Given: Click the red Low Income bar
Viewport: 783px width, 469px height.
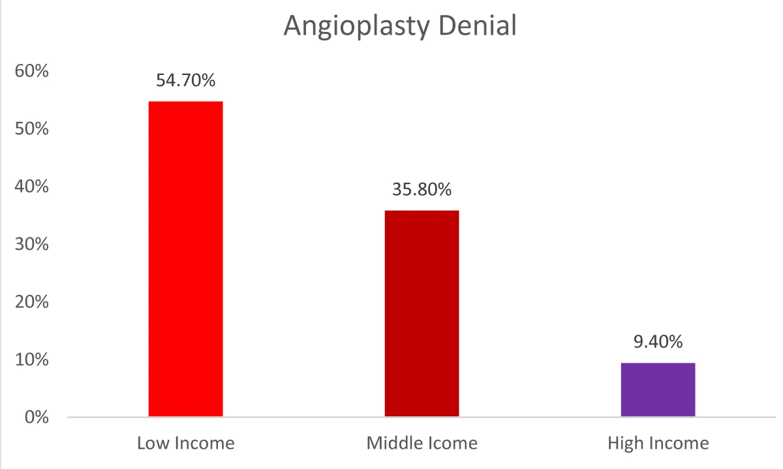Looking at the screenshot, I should (x=186, y=258).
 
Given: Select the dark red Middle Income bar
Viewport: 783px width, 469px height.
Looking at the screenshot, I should (x=422, y=313).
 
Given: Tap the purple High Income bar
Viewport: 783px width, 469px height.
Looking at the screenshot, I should (x=658, y=389).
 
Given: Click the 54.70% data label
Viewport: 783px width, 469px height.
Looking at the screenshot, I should (x=186, y=81).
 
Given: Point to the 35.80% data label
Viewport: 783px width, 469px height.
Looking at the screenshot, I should (x=422, y=190).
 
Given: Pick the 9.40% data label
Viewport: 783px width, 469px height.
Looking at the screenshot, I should (x=658, y=342).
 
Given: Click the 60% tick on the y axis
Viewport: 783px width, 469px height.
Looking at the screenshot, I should (x=32, y=71).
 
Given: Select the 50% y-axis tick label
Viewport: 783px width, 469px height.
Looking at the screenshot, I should (x=32, y=129).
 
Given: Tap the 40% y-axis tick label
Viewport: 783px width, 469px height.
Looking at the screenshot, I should (x=32, y=187).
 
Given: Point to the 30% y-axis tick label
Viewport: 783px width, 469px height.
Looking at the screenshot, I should (x=32, y=244).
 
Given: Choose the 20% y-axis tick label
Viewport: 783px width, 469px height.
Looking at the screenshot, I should (x=32, y=302).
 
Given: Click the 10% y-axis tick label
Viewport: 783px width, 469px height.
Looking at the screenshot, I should (x=32, y=359).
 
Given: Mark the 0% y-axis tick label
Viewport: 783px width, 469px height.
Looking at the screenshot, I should (x=36, y=417).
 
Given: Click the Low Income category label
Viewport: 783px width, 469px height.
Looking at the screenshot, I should (x=186, y=444).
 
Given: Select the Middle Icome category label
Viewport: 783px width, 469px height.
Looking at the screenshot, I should (x=422, y=444).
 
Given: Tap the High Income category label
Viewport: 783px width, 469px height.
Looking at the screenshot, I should (x=658, y=444).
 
